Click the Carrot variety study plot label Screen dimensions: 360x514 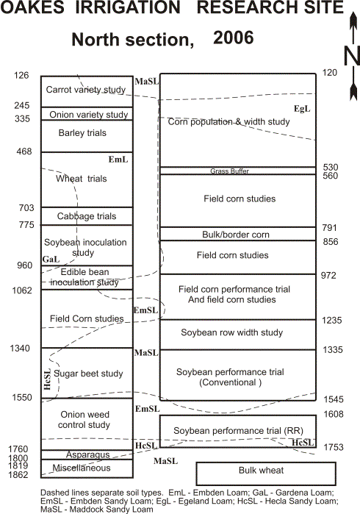pos(86,90)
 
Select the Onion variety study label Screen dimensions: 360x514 pos(89,115)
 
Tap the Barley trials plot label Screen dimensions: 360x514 pos(82,133)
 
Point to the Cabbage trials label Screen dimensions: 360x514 pos(87,216)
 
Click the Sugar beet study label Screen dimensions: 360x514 pos(88,374)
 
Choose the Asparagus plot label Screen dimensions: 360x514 pos(87,454)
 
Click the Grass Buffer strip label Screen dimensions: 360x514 pos(230,171)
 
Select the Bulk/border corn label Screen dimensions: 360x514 pos(236,235)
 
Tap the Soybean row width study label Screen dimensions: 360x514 pos(232,332)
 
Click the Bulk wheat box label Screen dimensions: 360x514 pos(261,471)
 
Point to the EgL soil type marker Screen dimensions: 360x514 pos(302,109)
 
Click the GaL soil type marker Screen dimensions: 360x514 pos(51,260)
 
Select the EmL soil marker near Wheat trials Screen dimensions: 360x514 pos(118,160)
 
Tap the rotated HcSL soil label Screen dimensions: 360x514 pos(48,379)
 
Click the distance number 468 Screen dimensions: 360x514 pos(24,151)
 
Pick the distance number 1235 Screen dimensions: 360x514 pos(332,321)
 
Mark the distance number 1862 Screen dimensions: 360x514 pos(18,475)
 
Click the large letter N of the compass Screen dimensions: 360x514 pos(352,56)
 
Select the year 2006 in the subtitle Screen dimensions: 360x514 pos(233,38)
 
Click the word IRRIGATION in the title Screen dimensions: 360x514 pos(128,7)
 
